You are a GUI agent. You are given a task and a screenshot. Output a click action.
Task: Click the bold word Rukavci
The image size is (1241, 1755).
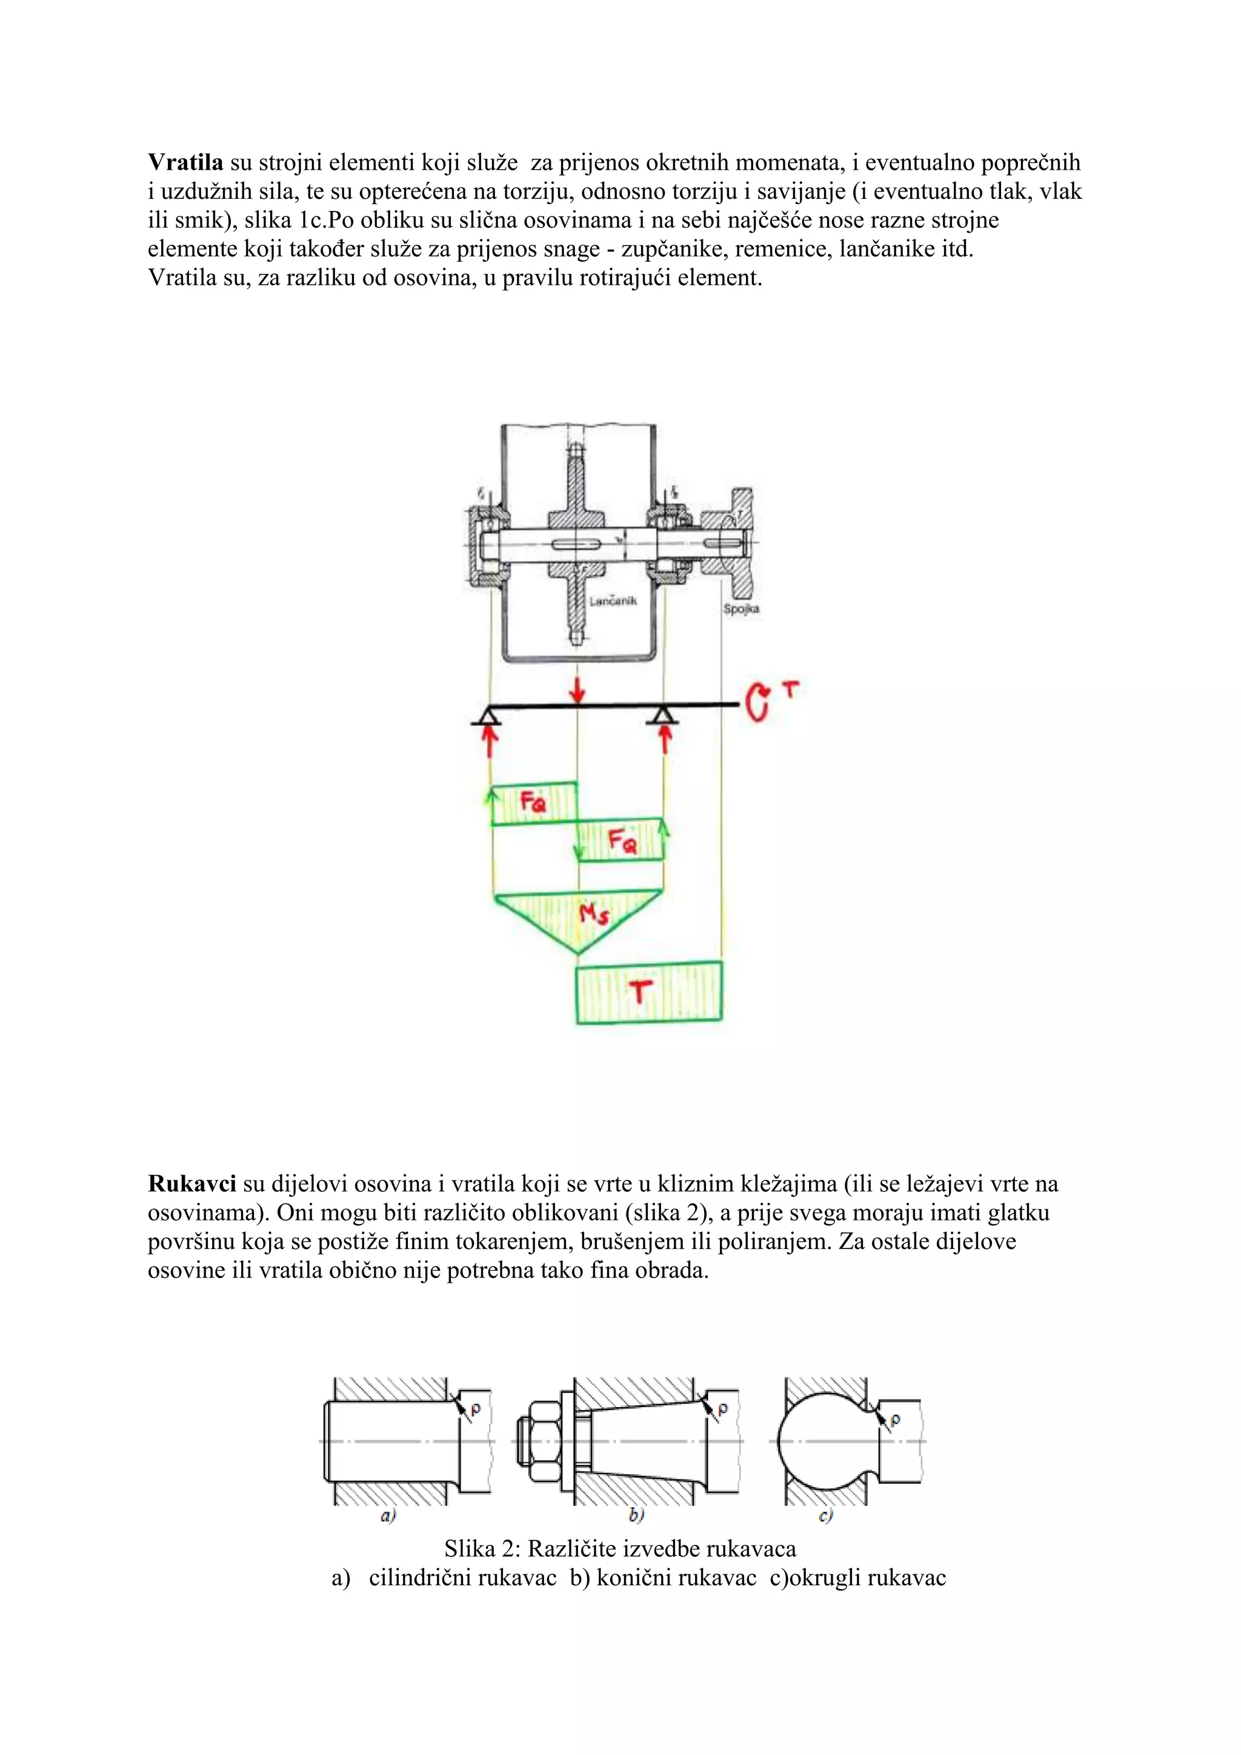pyautogui.click(x=192, y=1184)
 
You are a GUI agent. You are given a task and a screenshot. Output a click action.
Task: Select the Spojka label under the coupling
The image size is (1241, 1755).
pyautogui.click(x=740, y=609)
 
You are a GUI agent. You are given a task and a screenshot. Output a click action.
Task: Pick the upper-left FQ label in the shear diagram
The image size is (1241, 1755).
pyautogui.click(x=533, y=802)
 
